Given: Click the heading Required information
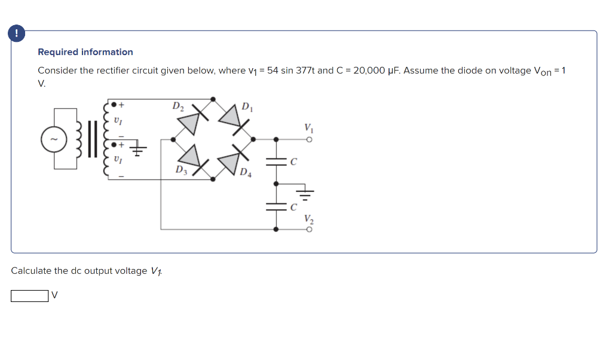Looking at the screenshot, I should pos(85,52).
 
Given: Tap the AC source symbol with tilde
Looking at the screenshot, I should pos(50,139).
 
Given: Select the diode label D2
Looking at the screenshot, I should pos(178,106).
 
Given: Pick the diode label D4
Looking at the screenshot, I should pos(246,174).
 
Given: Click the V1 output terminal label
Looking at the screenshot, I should pos(308,128).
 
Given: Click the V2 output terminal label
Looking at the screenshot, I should pos(308,219).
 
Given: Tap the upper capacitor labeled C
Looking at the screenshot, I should pos(277,161).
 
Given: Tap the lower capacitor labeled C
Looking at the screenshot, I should pos(277,206).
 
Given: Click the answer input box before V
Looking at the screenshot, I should pos(29,296).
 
